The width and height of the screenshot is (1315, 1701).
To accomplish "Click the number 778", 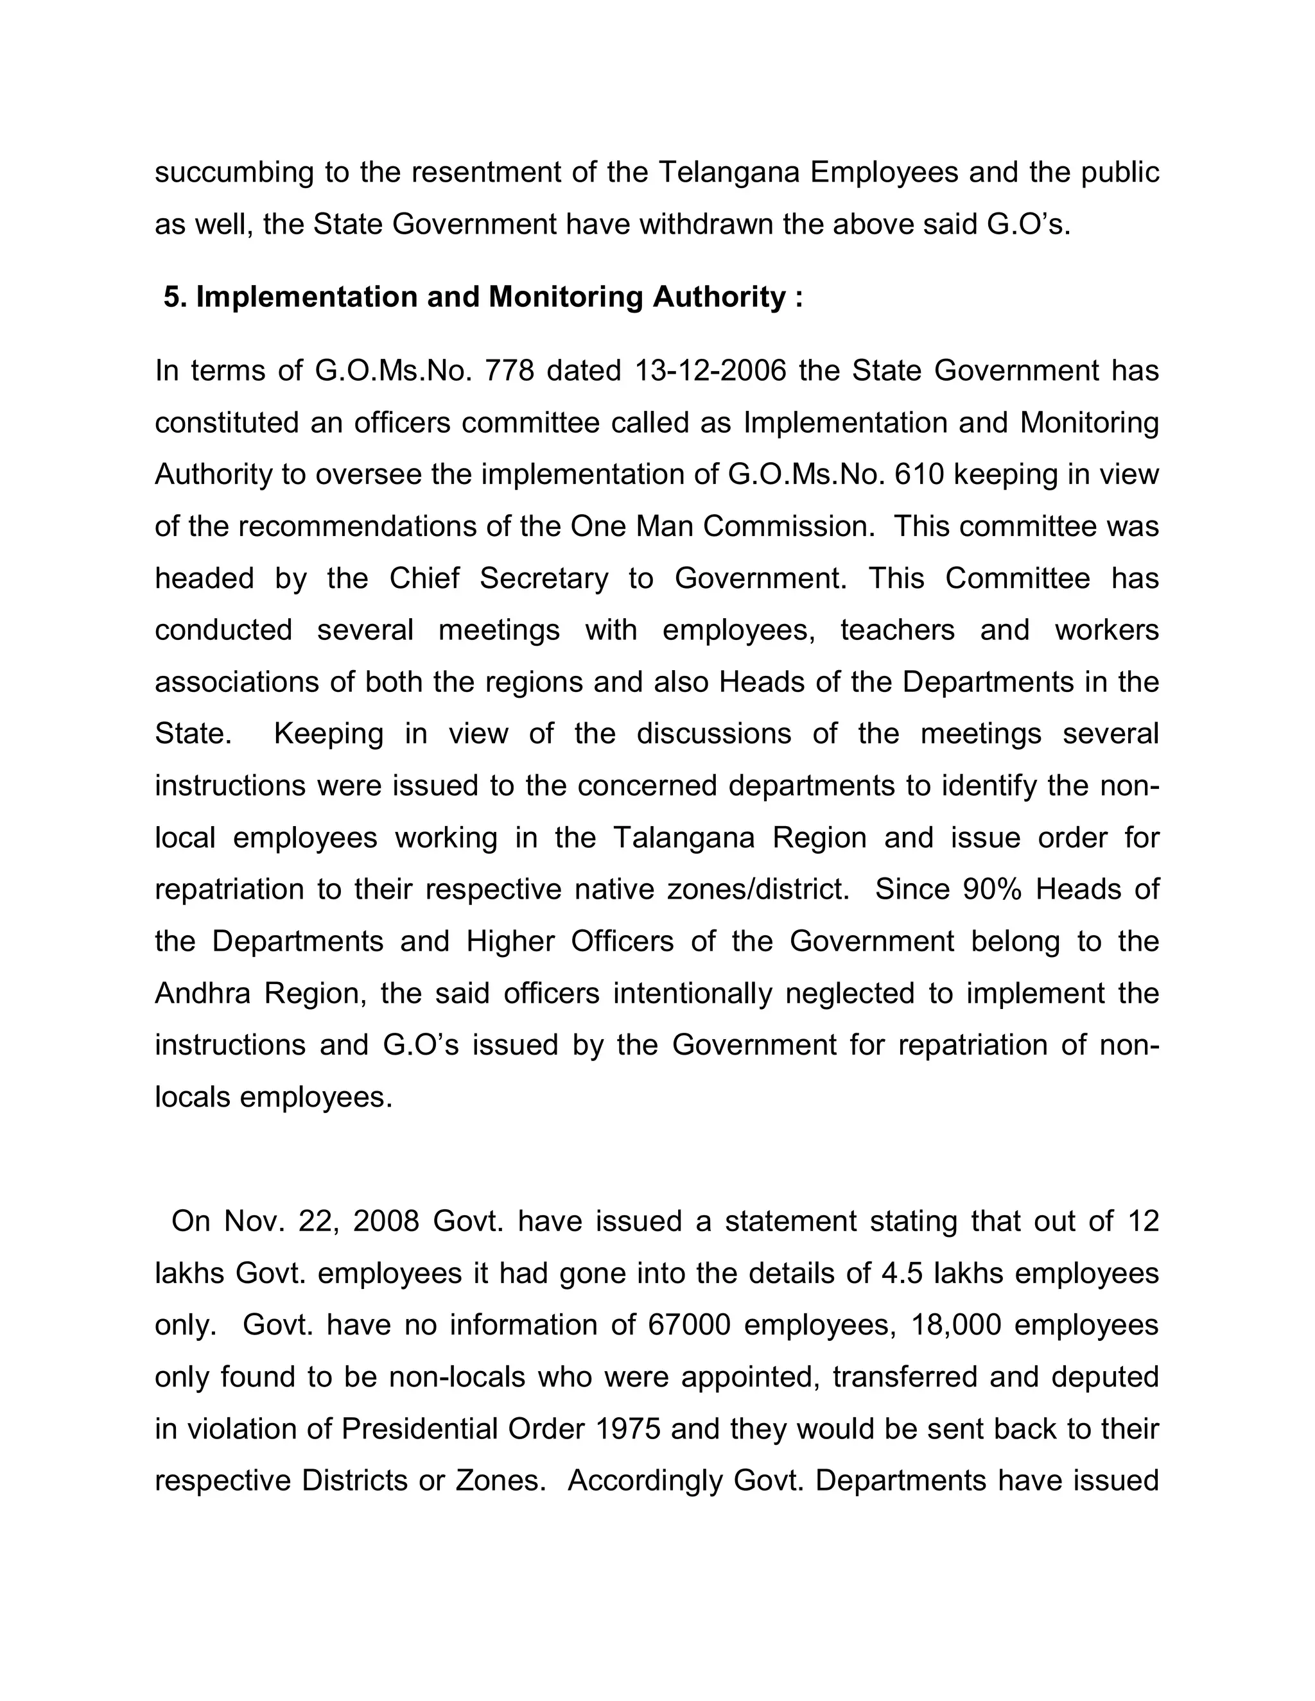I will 509,371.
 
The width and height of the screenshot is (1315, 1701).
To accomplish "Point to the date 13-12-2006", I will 711,371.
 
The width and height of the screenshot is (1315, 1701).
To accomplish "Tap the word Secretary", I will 543,579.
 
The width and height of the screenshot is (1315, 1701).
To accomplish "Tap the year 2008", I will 386,1222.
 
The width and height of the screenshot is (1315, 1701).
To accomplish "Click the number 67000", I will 689,1325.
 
